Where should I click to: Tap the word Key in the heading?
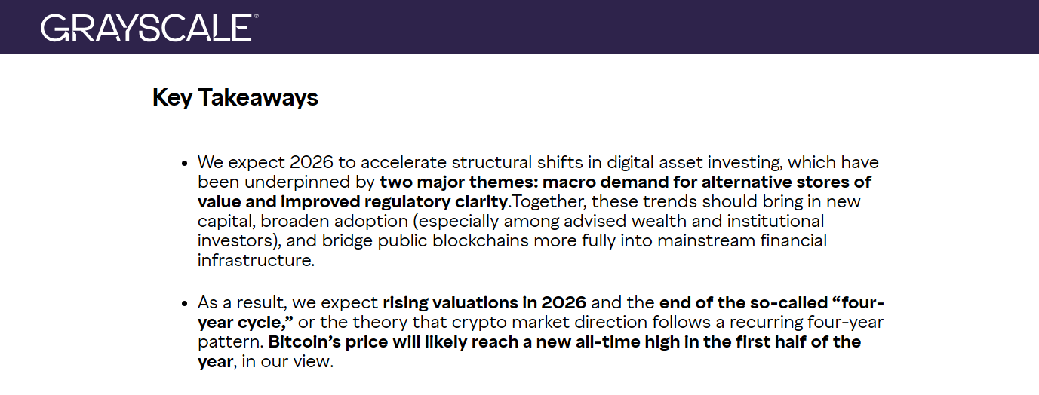[172, 98]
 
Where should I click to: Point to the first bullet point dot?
[184, 163]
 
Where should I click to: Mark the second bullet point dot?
[184, 303]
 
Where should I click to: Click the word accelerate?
[398, 163]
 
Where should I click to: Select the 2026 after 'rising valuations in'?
[564, 303]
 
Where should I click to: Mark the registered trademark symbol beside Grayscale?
[256, 16]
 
